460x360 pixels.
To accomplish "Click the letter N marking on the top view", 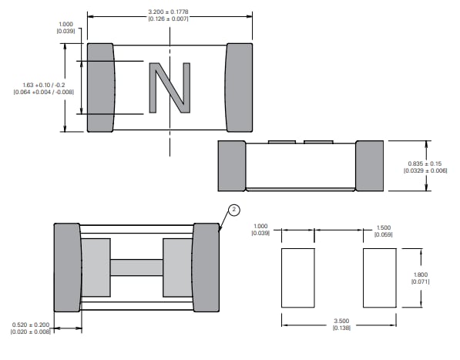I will [x=169, y=87].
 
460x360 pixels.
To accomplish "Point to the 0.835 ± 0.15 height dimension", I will [x=425, y=162].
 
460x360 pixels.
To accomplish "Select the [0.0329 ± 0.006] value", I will [x=425, y=170].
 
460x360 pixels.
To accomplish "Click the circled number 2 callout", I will [x=234, y=210].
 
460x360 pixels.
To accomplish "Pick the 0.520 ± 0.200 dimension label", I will [x=32, y=325].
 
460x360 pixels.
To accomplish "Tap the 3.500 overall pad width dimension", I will [x=340, y=321].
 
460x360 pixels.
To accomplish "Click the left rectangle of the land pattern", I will [x=298, y=278].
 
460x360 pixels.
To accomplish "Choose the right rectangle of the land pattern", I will [x=380, y=278].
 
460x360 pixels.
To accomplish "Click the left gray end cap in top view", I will [x=100, y=87].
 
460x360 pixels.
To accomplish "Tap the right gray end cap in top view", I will [x=238, y=87].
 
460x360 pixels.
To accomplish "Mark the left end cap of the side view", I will [x=231, y=166].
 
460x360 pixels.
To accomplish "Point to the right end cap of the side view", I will [x=369, y=166].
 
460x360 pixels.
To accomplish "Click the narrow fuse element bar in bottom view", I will [x=136, y=267].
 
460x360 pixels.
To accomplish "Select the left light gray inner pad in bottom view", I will [x=96, y=267].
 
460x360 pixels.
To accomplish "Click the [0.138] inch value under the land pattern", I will [x=340, y=329].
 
